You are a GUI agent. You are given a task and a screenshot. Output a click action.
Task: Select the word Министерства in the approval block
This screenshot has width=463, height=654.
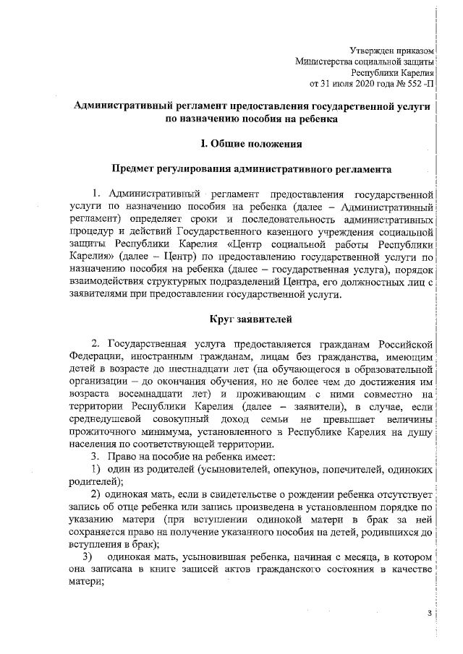(325, 61)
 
